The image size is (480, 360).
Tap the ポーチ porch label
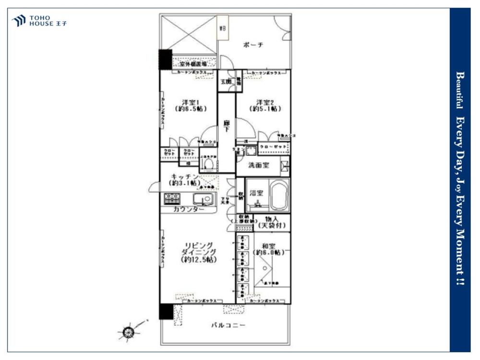coord(253,45)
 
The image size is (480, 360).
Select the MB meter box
coord(223,29)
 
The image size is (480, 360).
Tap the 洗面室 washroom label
coord(258,165)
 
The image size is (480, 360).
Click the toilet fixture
coord(208,164)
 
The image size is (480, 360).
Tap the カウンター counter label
coord(188,209)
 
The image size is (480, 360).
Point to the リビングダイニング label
coord(199,252)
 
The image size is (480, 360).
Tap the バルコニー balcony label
coord(228,325)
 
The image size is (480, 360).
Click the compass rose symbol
coord(128,331)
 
